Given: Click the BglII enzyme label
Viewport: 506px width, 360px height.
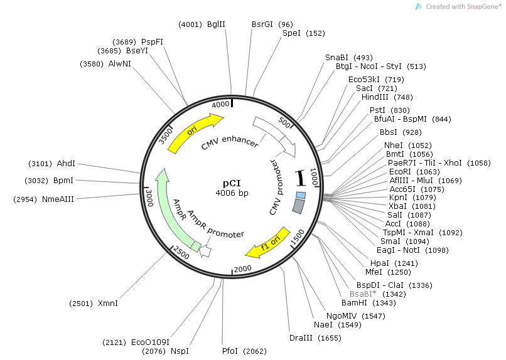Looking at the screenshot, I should (216, 24).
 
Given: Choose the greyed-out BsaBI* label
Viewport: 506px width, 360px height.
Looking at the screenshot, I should (363, 294).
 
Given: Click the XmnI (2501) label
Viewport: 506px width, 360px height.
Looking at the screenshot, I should (108, 303).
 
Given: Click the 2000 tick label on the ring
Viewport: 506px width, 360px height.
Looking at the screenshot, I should (242, 269).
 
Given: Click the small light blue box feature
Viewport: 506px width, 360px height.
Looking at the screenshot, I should (301, 196).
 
